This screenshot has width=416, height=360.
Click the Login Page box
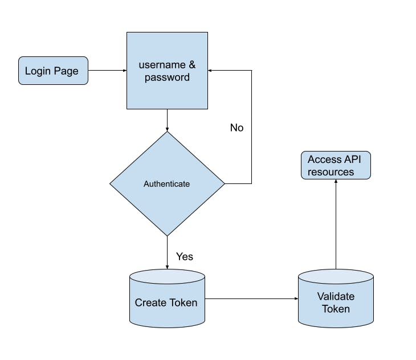point(53,71)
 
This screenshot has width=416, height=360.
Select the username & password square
point(167,71)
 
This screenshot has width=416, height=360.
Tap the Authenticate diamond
point(167,184)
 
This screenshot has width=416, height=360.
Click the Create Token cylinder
point(167,299)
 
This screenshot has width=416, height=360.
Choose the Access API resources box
point(335,166)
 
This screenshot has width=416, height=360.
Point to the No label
point(236,128)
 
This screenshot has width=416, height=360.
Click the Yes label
point(185,256)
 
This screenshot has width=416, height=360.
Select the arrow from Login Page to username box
point(107,71)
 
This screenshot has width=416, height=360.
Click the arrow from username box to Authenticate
point(167,120)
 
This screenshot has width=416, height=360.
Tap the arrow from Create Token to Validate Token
point(251,298)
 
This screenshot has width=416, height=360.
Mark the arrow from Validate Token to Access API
point(336,225)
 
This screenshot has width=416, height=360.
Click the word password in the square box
point(167,77)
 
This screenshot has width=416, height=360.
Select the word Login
point(38,71)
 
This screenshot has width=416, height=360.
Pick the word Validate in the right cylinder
point(336,297)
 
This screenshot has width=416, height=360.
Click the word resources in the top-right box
point(331,172)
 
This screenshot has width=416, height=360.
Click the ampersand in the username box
point(191,64)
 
